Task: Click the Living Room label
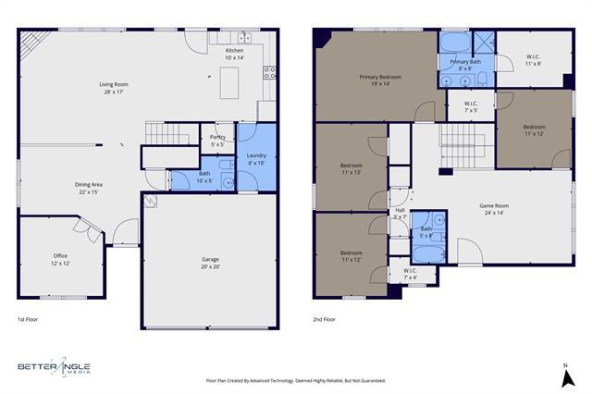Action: [x=114, y=89]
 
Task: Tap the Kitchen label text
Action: [x=234, y=54]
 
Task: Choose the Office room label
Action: [x=60, y=260]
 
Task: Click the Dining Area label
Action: [x=89, y=188]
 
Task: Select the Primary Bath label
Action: [x=466, y=65]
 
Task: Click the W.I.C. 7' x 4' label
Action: [x=411, y=274]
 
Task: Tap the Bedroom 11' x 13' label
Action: [x=351, y=169]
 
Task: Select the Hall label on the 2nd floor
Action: [x=401, y=213]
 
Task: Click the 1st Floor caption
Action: [x=28, y=319]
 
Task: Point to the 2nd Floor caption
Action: [x=325, y=319]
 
